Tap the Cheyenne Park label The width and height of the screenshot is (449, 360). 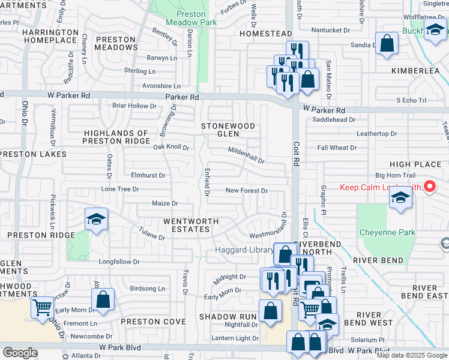click(x=387, y=232)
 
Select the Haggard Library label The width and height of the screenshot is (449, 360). click(x=240, y=249)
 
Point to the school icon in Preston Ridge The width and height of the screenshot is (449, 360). click(x=95, y=220)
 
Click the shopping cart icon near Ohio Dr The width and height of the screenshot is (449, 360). click(x=42, y=308)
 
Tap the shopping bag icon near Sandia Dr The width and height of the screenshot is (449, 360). click(x=387, y=44)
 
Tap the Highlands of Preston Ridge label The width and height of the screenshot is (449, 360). click(x=116, y=137)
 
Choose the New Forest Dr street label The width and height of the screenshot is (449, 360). click(x=246, y=190)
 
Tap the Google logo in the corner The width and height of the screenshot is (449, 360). click(x=20, y=353)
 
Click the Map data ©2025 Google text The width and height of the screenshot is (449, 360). click(x=412, y=355)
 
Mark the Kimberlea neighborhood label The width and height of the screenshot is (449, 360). click(x=416, y=70)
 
